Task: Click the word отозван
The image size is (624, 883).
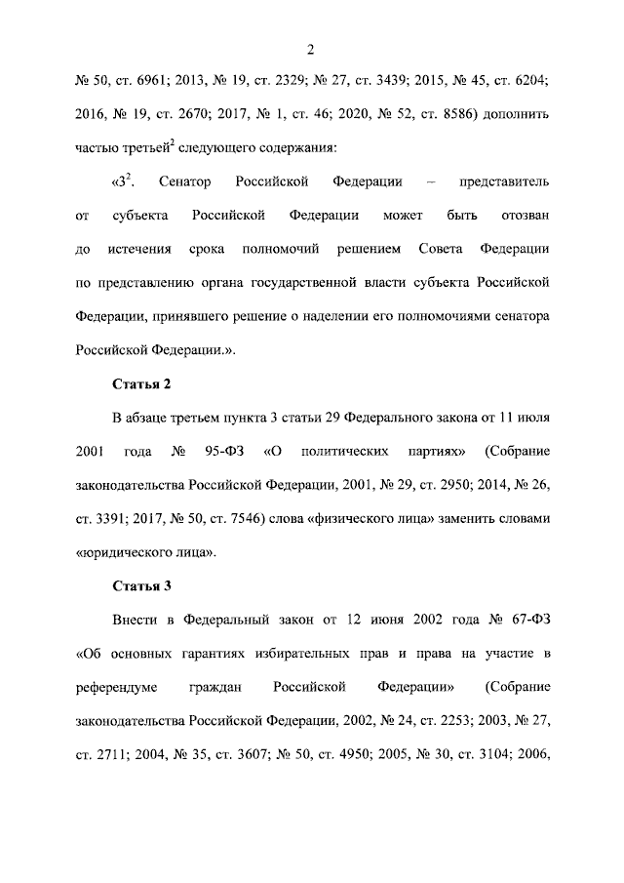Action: pos(522,217)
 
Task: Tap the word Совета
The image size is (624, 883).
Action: pos(443,250)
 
